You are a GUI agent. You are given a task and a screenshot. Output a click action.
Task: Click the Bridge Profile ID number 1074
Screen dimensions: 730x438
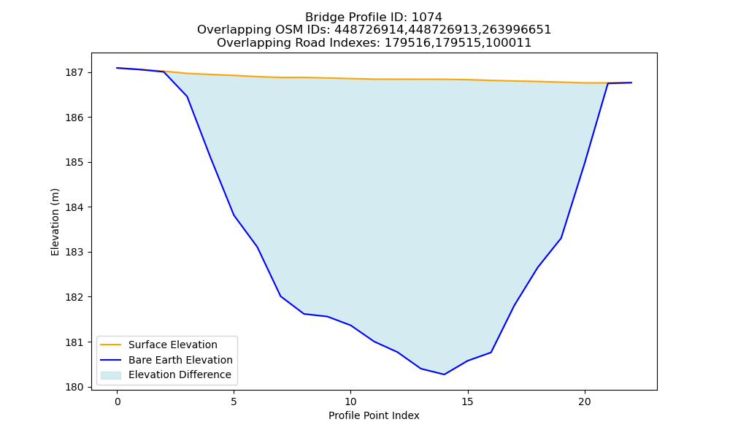point(426,18)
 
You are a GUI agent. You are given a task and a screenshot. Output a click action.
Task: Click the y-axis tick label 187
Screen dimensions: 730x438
point(74,72)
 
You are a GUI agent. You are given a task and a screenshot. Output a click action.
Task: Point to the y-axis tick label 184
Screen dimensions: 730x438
point(74,207)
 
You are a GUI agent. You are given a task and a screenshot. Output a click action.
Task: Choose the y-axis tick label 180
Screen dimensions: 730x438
point(74,387)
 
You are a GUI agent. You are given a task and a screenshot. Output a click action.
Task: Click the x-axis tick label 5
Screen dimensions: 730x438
point(234,401)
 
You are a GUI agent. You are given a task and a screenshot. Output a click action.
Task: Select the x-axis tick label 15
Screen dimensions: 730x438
point(467,401)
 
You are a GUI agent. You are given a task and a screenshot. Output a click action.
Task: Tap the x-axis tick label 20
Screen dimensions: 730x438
point(584,401)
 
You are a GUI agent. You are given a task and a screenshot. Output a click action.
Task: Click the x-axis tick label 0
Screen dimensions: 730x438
point(118,401)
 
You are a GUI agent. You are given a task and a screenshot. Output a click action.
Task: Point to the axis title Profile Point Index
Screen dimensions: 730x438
point(374,415)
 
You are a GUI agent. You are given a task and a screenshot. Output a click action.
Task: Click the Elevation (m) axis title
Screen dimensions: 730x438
point(55,222)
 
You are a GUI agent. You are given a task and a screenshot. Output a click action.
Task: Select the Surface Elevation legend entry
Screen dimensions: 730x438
point(158,345)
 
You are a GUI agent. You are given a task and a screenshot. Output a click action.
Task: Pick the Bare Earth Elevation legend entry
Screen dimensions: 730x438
point(166,360)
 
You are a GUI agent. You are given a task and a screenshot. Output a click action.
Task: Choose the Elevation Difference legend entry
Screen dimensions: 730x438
point(166,374)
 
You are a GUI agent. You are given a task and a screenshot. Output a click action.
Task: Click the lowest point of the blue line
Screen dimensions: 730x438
point(444,374)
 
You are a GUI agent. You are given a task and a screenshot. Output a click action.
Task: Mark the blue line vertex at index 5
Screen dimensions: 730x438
point(234,215)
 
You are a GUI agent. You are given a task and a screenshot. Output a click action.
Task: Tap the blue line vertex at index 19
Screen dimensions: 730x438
point(561,238)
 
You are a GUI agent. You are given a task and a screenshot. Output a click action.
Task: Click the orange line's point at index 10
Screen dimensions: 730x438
point(350,78)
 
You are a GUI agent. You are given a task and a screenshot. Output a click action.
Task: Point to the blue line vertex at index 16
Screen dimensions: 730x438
point(491,353)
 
